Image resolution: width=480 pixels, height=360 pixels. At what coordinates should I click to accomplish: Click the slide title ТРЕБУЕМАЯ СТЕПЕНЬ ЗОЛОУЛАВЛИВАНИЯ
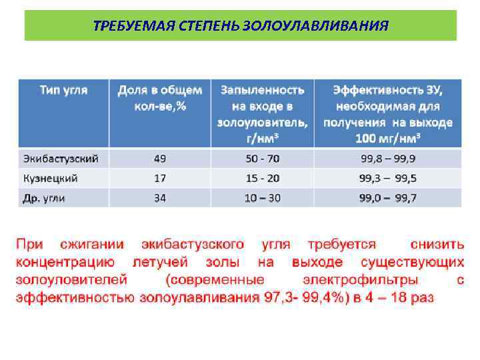coord(241,26)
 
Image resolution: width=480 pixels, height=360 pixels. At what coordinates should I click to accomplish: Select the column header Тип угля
coord(63,89)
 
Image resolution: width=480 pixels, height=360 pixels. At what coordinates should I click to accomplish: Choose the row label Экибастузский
coord(61,159)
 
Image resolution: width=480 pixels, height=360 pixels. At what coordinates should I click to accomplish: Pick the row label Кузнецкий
coord(51,178)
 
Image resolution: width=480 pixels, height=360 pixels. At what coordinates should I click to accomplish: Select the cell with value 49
coord(160,159)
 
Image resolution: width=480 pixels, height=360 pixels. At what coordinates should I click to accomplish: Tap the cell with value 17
coord(160,178)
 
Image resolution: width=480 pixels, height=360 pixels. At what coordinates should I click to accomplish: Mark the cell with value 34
coord(160,198)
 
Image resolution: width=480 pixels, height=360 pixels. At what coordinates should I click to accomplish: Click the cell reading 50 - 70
coord(263,159)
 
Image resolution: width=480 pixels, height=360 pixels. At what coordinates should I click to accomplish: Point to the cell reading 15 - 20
coord(263,178)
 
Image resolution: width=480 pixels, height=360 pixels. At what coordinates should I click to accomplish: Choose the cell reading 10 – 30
coord(263,198)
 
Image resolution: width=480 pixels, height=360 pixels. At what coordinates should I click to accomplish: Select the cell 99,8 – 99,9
coord(388,159)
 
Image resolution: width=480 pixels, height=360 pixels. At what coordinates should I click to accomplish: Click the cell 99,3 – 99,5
coord(388,178)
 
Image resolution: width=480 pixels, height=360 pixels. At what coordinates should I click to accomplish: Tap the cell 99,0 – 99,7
coord(388,198)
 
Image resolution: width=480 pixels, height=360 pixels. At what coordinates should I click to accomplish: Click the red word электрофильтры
coord(361,280)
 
